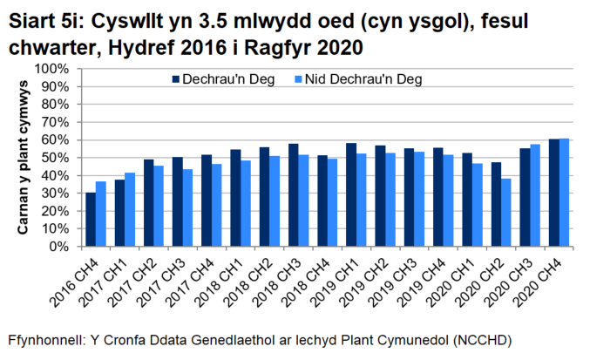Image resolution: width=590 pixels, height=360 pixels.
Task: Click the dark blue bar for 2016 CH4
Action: (x=91, y=220)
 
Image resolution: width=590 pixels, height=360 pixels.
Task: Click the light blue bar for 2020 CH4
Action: (x=564, y=193)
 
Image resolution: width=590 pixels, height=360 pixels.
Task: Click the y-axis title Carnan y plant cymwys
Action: (x=25, y=158)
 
